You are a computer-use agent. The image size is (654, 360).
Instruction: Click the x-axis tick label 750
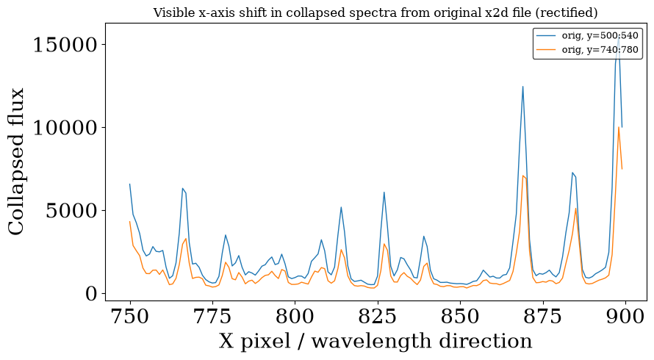pyautogui.click(x=130, y=317)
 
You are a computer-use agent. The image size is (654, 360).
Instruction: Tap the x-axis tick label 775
pyautogui.click(x=212, y=317)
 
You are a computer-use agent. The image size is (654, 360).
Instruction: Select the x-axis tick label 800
pyautogui.click(x=295, y=317)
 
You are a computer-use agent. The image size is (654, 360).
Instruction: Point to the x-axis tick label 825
pyautogui.click(x=378, y=317)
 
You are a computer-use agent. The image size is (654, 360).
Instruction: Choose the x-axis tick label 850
pyautogui.click(x=460, y=317)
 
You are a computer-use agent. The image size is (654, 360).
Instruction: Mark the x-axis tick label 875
pyautogui.click(x=542, y=317)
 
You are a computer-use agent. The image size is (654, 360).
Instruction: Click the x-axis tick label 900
pyautogui.click(x=625, y=317)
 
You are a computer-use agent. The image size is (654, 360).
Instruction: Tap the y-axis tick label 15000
pyautogui.click(x=65, y=45)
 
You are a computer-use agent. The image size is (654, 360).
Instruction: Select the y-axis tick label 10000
pyautogui.click(x=65, y=128)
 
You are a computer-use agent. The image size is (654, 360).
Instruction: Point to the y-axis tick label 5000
pyautogui.click(x=71, y=211)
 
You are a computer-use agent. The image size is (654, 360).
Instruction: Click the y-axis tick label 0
pyautogui.click(x=91, y=294)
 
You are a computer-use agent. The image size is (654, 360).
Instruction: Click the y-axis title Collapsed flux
pyautogui.click(x=16, y=162)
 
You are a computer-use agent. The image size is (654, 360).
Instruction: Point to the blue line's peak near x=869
pyautogui.click(x=522, y=87)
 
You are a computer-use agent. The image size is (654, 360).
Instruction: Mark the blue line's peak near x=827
pyautogui.click(x=384, y=192)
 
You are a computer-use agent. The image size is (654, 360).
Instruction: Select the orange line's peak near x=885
pyautogui.click(x=575, y=209)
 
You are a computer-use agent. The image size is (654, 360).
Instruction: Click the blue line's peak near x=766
pyautogui.click(x=183, y=189)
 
